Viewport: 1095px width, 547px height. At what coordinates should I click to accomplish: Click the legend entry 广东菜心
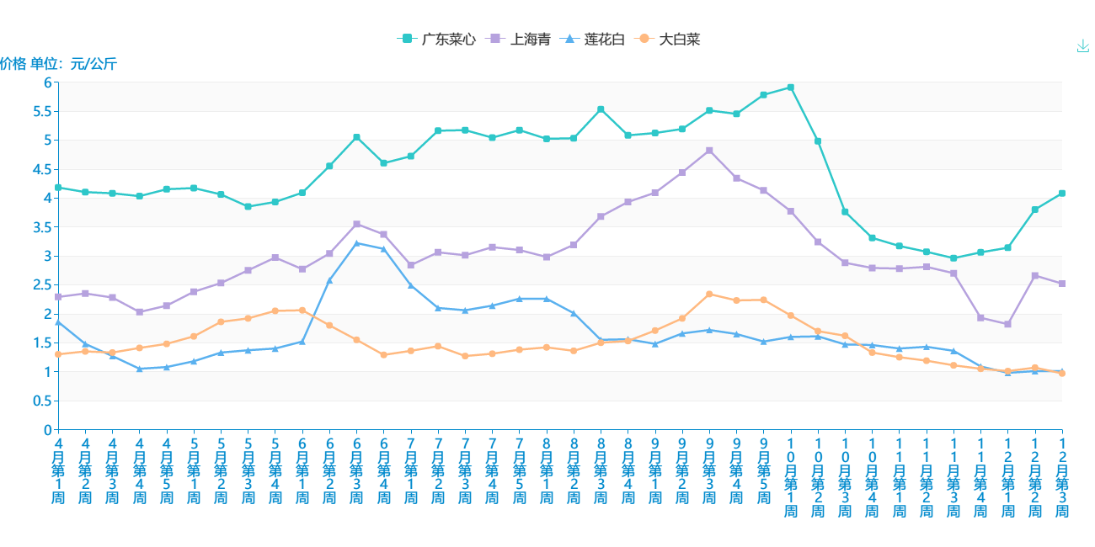[436, 39]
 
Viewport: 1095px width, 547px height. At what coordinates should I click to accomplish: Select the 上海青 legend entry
[521, 39]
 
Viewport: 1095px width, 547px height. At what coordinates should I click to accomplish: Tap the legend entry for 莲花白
[595, 39]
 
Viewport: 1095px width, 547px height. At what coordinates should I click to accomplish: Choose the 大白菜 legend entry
[670, 39]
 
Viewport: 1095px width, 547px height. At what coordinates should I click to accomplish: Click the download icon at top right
[1083, 46]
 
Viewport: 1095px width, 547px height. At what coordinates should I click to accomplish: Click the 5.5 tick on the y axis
[42, 111]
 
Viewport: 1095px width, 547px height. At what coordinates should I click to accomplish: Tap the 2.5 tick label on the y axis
[42, 284]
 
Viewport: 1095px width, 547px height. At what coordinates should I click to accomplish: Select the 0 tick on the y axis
[47, 429]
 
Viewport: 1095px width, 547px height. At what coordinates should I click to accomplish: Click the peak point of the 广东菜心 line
[791, 88]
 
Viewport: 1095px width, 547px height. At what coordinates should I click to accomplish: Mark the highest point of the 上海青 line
[709, 151]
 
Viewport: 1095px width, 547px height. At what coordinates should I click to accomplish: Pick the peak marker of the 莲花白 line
[356, 243]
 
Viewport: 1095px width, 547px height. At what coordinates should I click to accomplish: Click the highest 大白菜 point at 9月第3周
[709, 294]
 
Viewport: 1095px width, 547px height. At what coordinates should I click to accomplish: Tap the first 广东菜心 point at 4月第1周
[58, 188]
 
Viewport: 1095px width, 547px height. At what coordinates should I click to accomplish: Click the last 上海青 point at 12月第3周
[1062, 284]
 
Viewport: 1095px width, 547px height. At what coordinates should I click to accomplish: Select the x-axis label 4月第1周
[58, 470]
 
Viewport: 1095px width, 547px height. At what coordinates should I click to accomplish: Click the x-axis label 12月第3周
[1062, 477]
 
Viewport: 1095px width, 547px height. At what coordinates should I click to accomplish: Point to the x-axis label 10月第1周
[791, 477]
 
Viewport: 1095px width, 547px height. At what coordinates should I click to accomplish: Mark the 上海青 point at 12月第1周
[1007, 324]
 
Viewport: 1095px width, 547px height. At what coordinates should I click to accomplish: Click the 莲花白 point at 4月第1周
[58, 321]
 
